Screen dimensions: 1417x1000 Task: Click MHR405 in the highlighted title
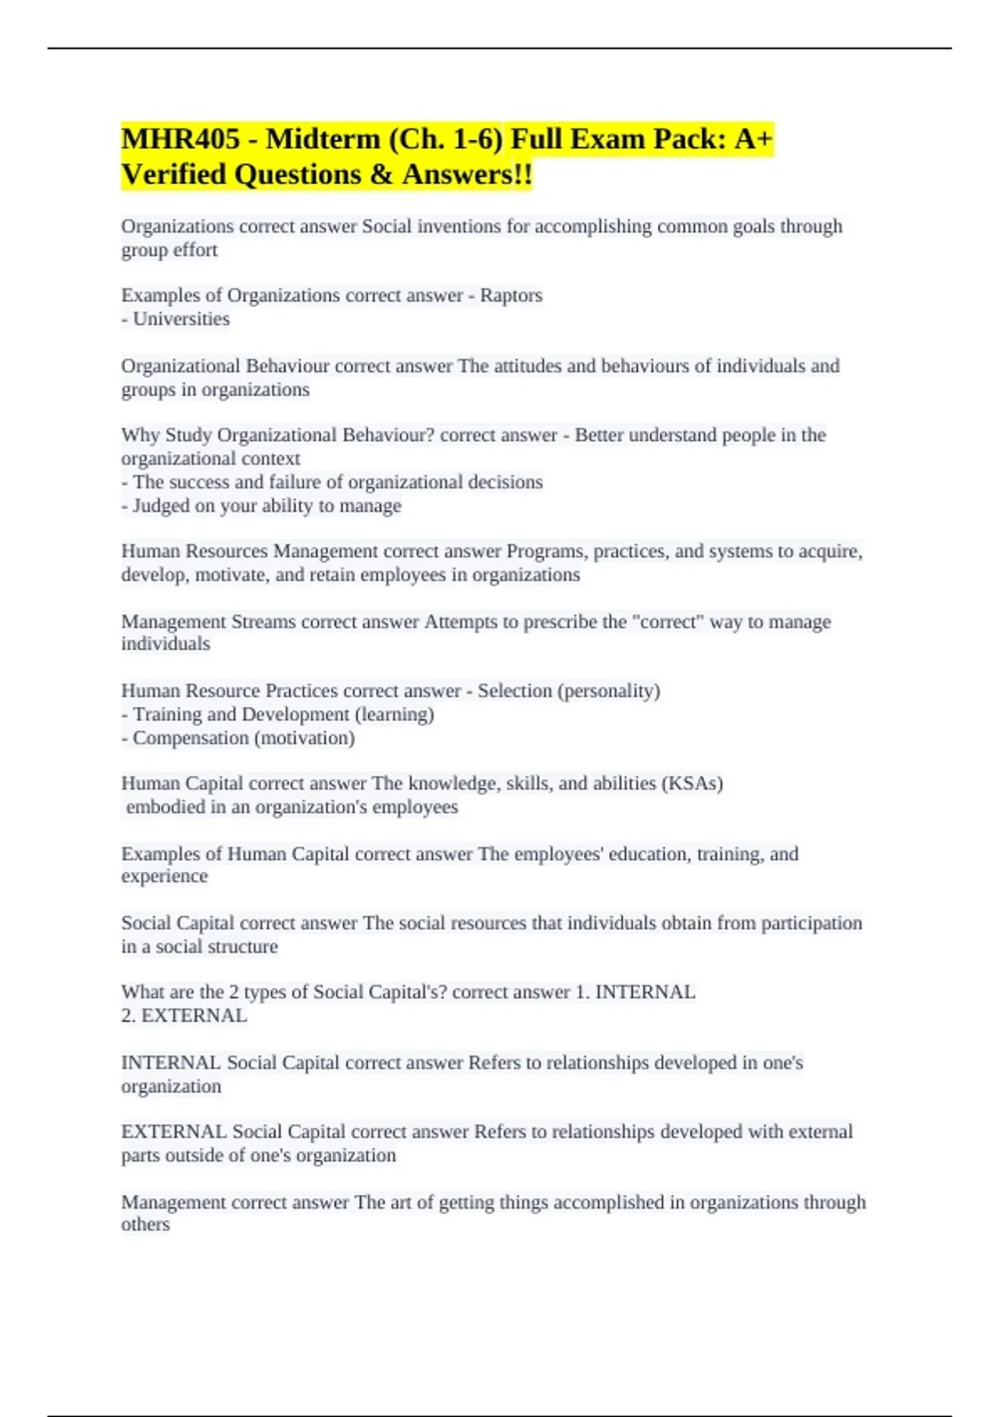pos(180,139)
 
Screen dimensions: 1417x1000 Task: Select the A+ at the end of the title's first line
pos(753,139)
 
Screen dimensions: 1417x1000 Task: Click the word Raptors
pos(511,295)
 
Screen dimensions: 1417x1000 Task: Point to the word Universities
pos(181,318)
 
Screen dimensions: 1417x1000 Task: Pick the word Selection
pos(514,691)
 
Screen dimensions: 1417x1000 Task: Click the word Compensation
pos(190,738)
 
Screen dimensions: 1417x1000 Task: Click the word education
pos(650,854)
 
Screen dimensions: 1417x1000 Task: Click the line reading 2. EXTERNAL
pos(184,1015)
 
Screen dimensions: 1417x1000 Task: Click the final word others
pos(145,1224)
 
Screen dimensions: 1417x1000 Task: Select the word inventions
pos(459,227)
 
